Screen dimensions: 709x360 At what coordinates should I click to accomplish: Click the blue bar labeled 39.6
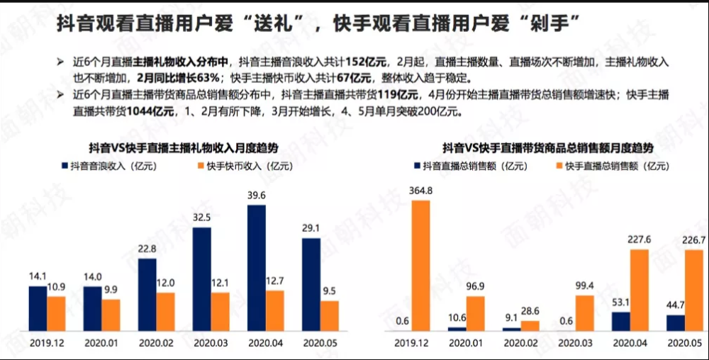[257, 268]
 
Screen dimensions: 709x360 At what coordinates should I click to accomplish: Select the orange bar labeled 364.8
[420, 266]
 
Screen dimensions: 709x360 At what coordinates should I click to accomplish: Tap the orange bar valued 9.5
[329, 316]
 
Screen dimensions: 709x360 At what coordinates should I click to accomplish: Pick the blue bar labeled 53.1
[621, 322]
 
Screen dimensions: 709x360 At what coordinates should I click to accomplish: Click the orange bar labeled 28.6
[530, 326]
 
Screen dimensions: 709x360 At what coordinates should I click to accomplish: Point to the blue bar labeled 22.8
[147, 295]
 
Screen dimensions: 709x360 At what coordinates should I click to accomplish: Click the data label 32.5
[201, 218]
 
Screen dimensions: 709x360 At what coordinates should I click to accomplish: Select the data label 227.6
[639, 240]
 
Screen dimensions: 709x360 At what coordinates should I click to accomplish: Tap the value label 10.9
[56, 287]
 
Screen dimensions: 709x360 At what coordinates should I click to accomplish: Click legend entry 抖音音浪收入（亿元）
[109, 167]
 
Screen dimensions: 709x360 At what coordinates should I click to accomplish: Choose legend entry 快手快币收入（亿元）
[245, 167]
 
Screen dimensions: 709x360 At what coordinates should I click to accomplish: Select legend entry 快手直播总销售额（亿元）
[613, 167]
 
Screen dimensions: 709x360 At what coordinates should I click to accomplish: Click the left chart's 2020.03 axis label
[211, 343]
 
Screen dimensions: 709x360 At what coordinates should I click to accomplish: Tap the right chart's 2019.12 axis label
[411, 343]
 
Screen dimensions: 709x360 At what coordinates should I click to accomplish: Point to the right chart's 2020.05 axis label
[685, 343]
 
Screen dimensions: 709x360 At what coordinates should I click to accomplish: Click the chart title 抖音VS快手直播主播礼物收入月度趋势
[184, 147]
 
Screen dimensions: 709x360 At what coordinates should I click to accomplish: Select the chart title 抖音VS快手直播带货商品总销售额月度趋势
[548, 147]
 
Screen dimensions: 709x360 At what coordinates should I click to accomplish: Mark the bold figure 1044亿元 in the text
[150, 111]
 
